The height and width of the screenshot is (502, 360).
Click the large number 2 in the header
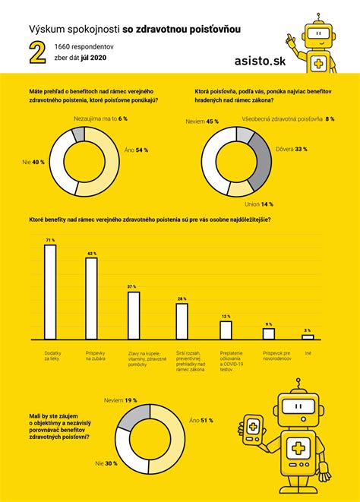(35, 52)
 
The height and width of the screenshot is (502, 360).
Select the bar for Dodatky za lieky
(50, 292)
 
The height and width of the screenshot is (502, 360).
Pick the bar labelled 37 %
(133, 315)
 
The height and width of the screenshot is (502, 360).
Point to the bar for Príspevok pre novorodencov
(269, 333)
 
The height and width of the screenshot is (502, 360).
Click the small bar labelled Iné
(308, 336)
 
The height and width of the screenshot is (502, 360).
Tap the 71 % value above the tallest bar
(50, 240)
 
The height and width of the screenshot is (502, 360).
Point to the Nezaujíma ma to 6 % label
(100, 119)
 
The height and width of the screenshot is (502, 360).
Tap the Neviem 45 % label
(202, 121)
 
